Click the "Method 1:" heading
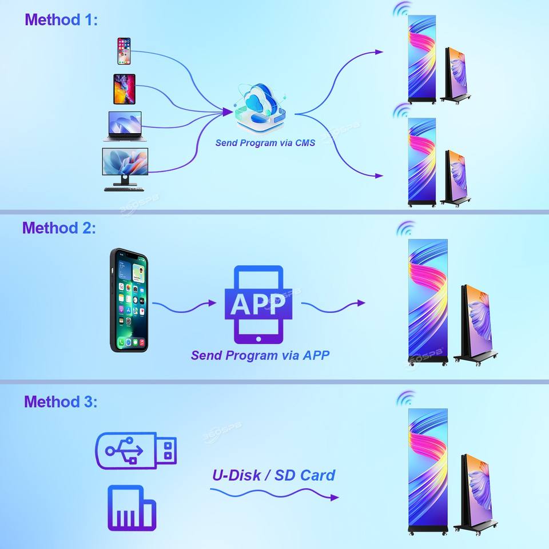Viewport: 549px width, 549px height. click(61, 20)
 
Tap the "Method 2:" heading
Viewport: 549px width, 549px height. click(59, 228)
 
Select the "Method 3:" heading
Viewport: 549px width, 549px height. click(61, 401)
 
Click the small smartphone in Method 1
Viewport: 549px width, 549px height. click(124, 51)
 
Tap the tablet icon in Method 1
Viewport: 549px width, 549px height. click(124, 89)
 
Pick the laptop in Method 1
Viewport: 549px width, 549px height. click(125, 126)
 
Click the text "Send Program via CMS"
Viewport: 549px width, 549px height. click(265, 143)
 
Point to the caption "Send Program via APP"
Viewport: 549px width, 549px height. click(260, 355)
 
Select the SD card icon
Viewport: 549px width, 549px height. click(132, 508)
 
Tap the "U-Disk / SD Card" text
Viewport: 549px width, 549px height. click(273, 475)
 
